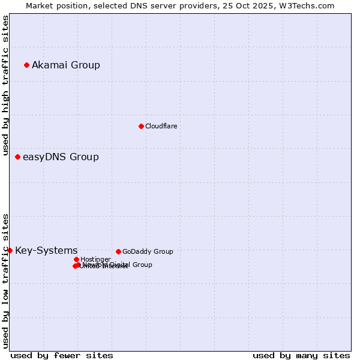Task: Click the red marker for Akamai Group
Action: coord(26,65)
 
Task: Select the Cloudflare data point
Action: coord(141,126)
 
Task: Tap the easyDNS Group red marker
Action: coord(17,157)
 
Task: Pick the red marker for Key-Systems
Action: coord(10,250)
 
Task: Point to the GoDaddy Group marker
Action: coord(118,251)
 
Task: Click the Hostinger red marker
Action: coord(76,259)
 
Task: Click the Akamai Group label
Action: coord(66,65)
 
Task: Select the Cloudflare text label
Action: coord(161,126)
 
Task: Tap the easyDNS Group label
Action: coord(61,157)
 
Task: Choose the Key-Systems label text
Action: coord(46,250)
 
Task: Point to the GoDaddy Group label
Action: coord(148,251)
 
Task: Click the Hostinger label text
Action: coord(95,259)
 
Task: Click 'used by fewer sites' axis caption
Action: coord(62,355)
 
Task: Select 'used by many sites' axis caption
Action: coord(301,355)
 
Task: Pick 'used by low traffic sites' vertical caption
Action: coord(5,280)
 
